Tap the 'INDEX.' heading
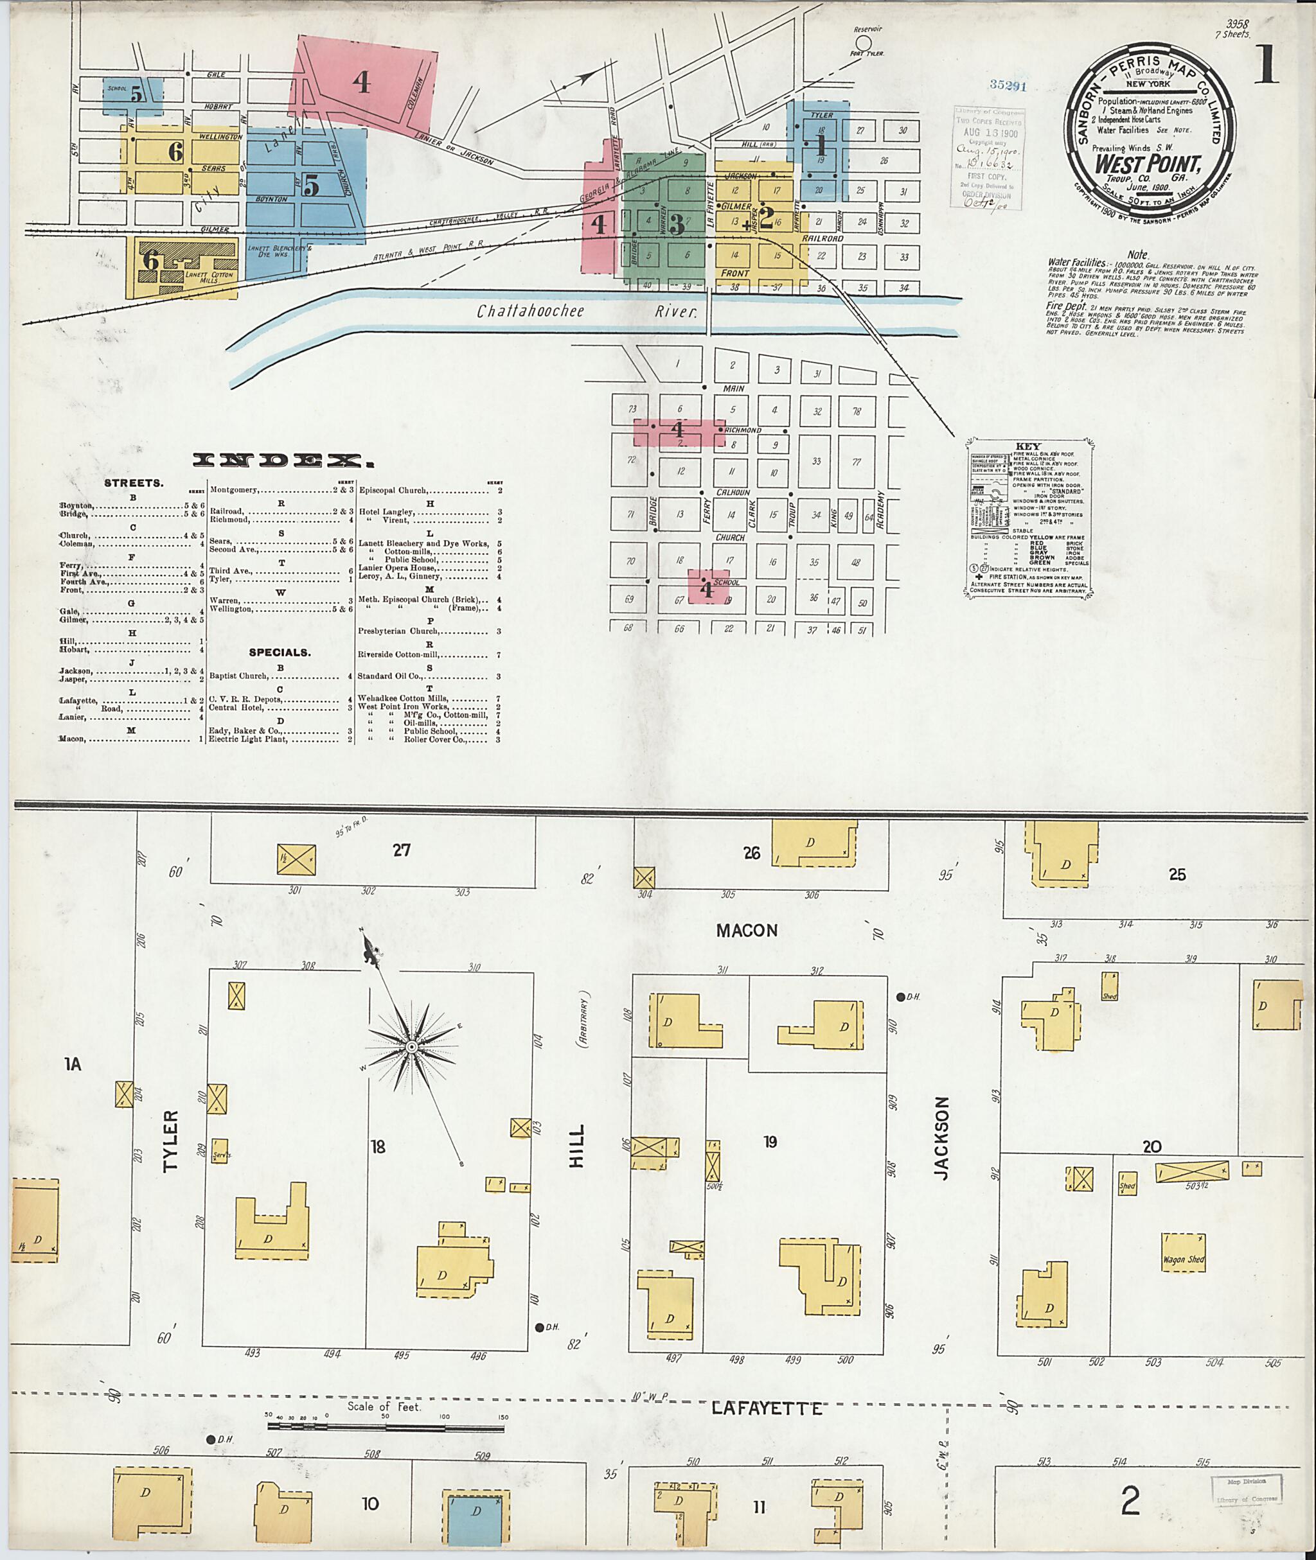click(283, 460)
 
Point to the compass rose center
click(412, 1047)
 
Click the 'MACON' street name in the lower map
click(747, 930)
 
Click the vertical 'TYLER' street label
click(171, 1141)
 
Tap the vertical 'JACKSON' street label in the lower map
click(941, 1138)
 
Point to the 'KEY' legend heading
click(1027, 446)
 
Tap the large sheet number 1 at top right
click(1266, 65)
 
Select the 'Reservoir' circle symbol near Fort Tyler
click(863, 42)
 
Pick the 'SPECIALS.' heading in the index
click(280, 653)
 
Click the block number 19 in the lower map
click(770, 1142)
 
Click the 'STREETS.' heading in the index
click(134, 483)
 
